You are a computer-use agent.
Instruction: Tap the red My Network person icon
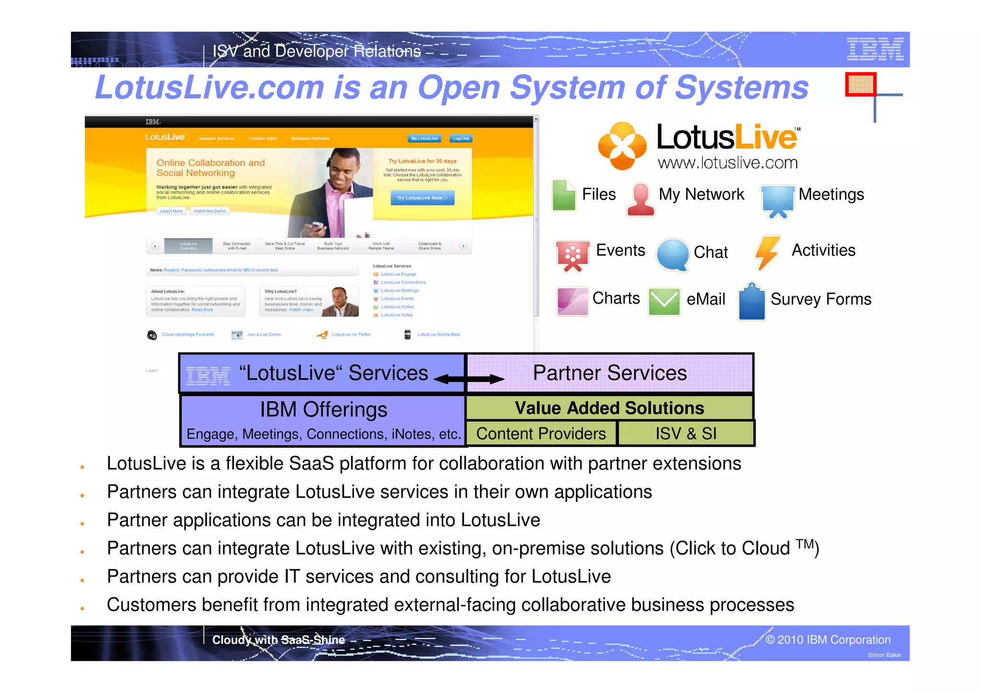click(x=641, y=199)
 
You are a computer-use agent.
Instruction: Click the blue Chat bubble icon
click(x=673, y=254)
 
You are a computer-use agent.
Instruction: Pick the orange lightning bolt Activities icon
click(x=767, y=252)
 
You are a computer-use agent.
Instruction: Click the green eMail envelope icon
click(x=664, y=301)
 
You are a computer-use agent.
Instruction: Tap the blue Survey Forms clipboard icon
click(x=752, y=302)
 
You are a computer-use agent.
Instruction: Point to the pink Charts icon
click(x=572, y=301)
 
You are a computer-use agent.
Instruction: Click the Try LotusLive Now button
click(x=422, y=198)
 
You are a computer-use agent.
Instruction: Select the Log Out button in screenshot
click(x=461, y=138)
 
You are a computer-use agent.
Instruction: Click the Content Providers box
click(x=541, y=433)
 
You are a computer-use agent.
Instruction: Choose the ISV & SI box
click(x=686, y=433)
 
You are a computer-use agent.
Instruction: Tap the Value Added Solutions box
click(x=609, y=408)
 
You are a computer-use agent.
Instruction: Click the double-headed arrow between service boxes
click(x=469, y=379)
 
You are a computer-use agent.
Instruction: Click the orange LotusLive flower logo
click(x=622, y=146)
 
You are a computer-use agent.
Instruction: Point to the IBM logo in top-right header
click(x=875, y=49)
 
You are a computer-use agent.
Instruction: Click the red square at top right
click(x=861, y=84)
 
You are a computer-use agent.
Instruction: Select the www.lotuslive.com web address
click(x=728, y=163)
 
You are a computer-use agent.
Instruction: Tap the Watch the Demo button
click(x=210, y=211)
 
